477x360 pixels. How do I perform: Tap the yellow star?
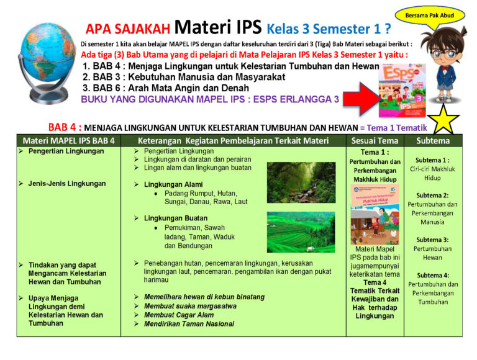coord(443,120)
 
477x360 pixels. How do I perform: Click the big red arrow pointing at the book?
coord(361,99)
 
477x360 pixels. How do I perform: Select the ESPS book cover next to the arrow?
coord(402,90)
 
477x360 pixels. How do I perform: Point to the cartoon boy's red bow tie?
coord(446,69)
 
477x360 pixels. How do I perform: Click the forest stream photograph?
coord(301,182)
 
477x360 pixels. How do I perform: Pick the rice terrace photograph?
coord(301,232)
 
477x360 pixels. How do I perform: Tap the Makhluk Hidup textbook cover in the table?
coord(375,214)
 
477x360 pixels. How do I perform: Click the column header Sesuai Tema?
coord(375,141)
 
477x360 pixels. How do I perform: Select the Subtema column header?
coord(433,141)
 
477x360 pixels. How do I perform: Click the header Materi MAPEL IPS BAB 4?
coord(69,141)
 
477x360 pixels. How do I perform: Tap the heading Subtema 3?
coord(432,240)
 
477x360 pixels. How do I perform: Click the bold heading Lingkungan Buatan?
coord(176,218)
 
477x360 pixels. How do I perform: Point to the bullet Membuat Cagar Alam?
coord(179,315)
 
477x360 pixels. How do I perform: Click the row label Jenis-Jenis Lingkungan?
coord(67,184)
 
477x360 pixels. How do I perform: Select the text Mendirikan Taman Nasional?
coord(189,324)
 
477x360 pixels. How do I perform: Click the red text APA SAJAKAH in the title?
coord(127,29)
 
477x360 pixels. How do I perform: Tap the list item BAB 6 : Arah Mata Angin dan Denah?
coord(165,88)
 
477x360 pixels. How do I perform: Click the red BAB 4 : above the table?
coord(65,127)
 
